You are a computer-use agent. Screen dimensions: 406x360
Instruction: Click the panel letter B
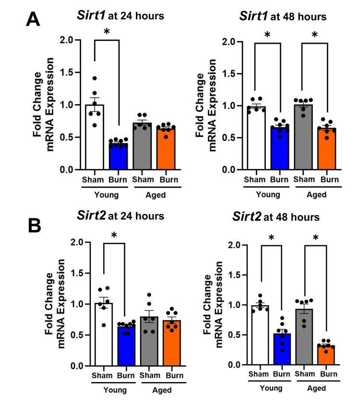[35, 225]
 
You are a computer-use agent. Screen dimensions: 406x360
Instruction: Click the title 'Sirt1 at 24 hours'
[120, 16]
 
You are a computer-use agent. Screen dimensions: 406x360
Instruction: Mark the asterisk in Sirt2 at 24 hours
[114, 235]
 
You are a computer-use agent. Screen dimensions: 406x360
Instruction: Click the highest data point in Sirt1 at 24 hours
[95, 78]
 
